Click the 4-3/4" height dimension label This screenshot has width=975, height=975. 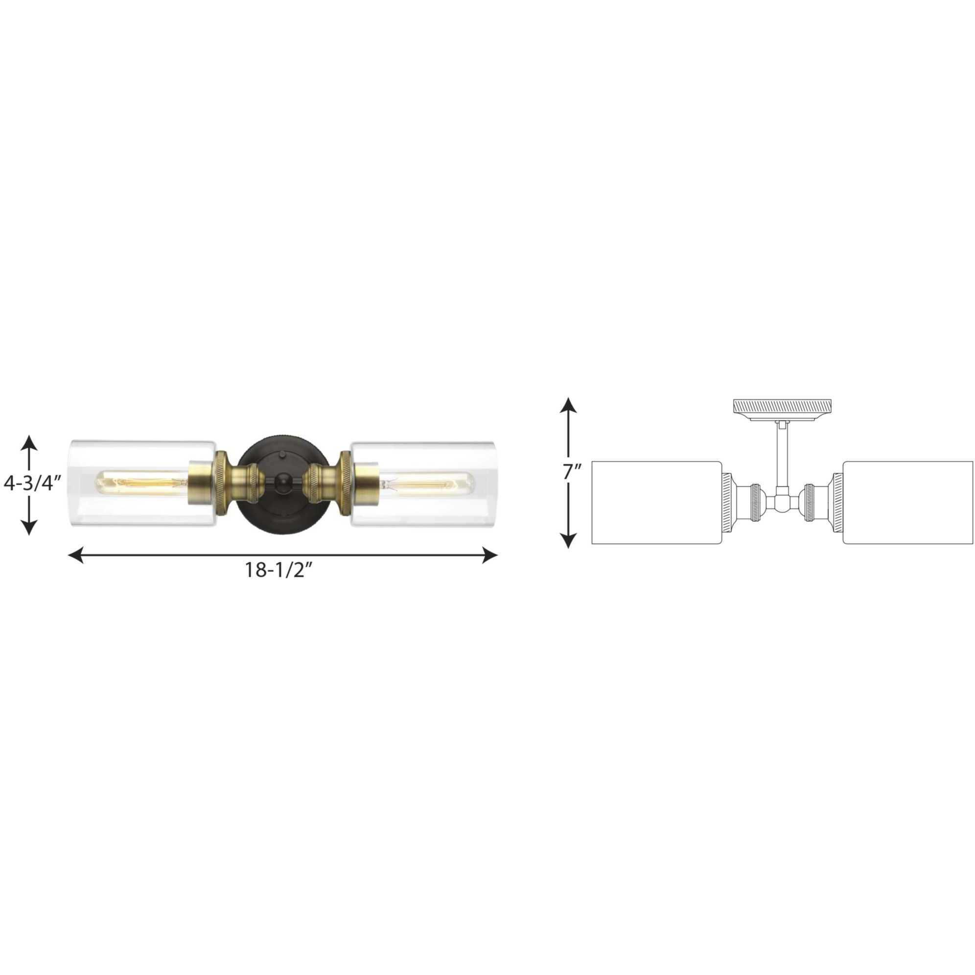[32, 484]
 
